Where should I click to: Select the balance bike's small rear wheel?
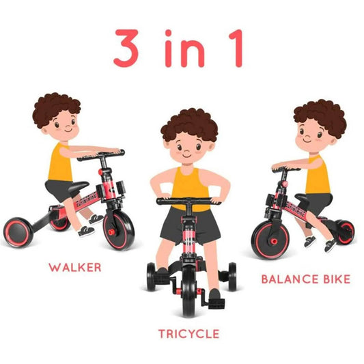[346, 232]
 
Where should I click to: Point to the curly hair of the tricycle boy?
[189, 124]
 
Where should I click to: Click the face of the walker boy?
[62, 126]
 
